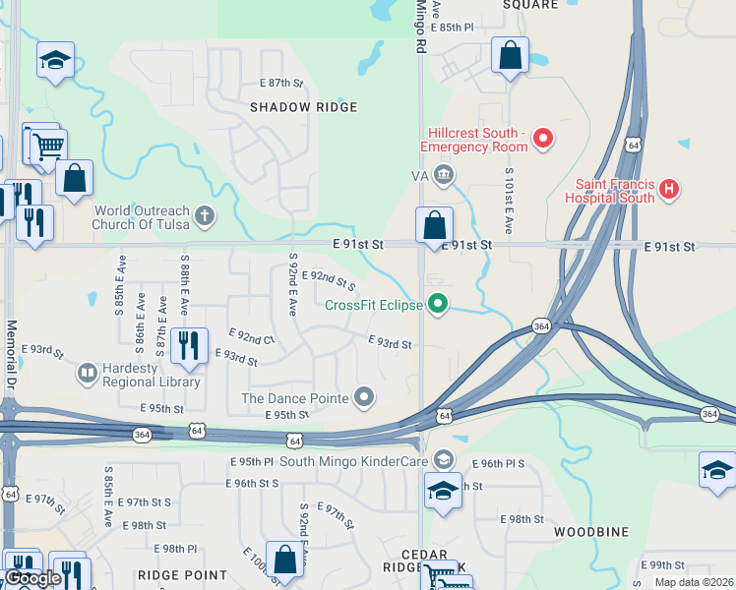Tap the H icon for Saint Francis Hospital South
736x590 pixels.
click(669, 189)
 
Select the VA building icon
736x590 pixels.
click(444, 176)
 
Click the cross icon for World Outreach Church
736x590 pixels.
click(204, 216)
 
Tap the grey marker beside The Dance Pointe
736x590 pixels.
click(365, 397)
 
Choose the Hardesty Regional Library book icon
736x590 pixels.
click(88, 374)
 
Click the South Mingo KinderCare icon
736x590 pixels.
click(445, 460)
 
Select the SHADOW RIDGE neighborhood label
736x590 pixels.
click(302, 106)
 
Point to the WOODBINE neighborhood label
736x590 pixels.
click(590, 532)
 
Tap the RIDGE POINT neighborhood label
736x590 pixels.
click(182, 574)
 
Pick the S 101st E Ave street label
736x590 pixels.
click(509, 200)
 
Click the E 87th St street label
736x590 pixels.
click(281, 83)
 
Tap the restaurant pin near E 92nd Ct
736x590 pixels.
click(188, 345)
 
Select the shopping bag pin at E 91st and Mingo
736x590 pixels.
click(434, 226)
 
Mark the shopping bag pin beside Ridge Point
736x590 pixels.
click(284, 560)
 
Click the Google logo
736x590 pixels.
click(32, 579)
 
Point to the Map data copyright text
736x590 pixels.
click(694, 582)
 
